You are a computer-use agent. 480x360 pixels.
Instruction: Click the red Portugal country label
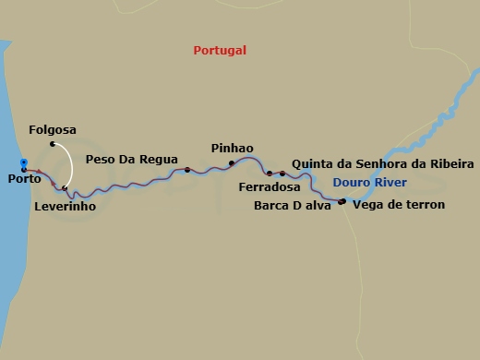click(220, 51)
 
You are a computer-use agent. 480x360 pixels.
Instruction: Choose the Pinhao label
click(232, 148)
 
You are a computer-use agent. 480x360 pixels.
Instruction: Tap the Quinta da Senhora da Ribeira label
click(382, 163)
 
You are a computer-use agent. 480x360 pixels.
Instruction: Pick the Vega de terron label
click(399, 205)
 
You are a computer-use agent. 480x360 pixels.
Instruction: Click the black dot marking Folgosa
click(54, 144)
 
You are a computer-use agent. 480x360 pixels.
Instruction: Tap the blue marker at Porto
click(24, 166)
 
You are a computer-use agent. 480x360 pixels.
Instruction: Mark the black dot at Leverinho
click(65, 188)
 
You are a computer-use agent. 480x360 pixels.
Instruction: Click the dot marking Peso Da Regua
click(187, 169)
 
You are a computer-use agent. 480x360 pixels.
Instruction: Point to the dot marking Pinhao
click(232, 163)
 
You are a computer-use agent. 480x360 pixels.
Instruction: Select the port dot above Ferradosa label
click(270, 173)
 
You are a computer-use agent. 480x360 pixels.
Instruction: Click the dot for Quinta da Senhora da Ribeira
click(282, 174)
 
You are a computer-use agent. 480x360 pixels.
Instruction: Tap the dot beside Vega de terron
click(342, 201)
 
